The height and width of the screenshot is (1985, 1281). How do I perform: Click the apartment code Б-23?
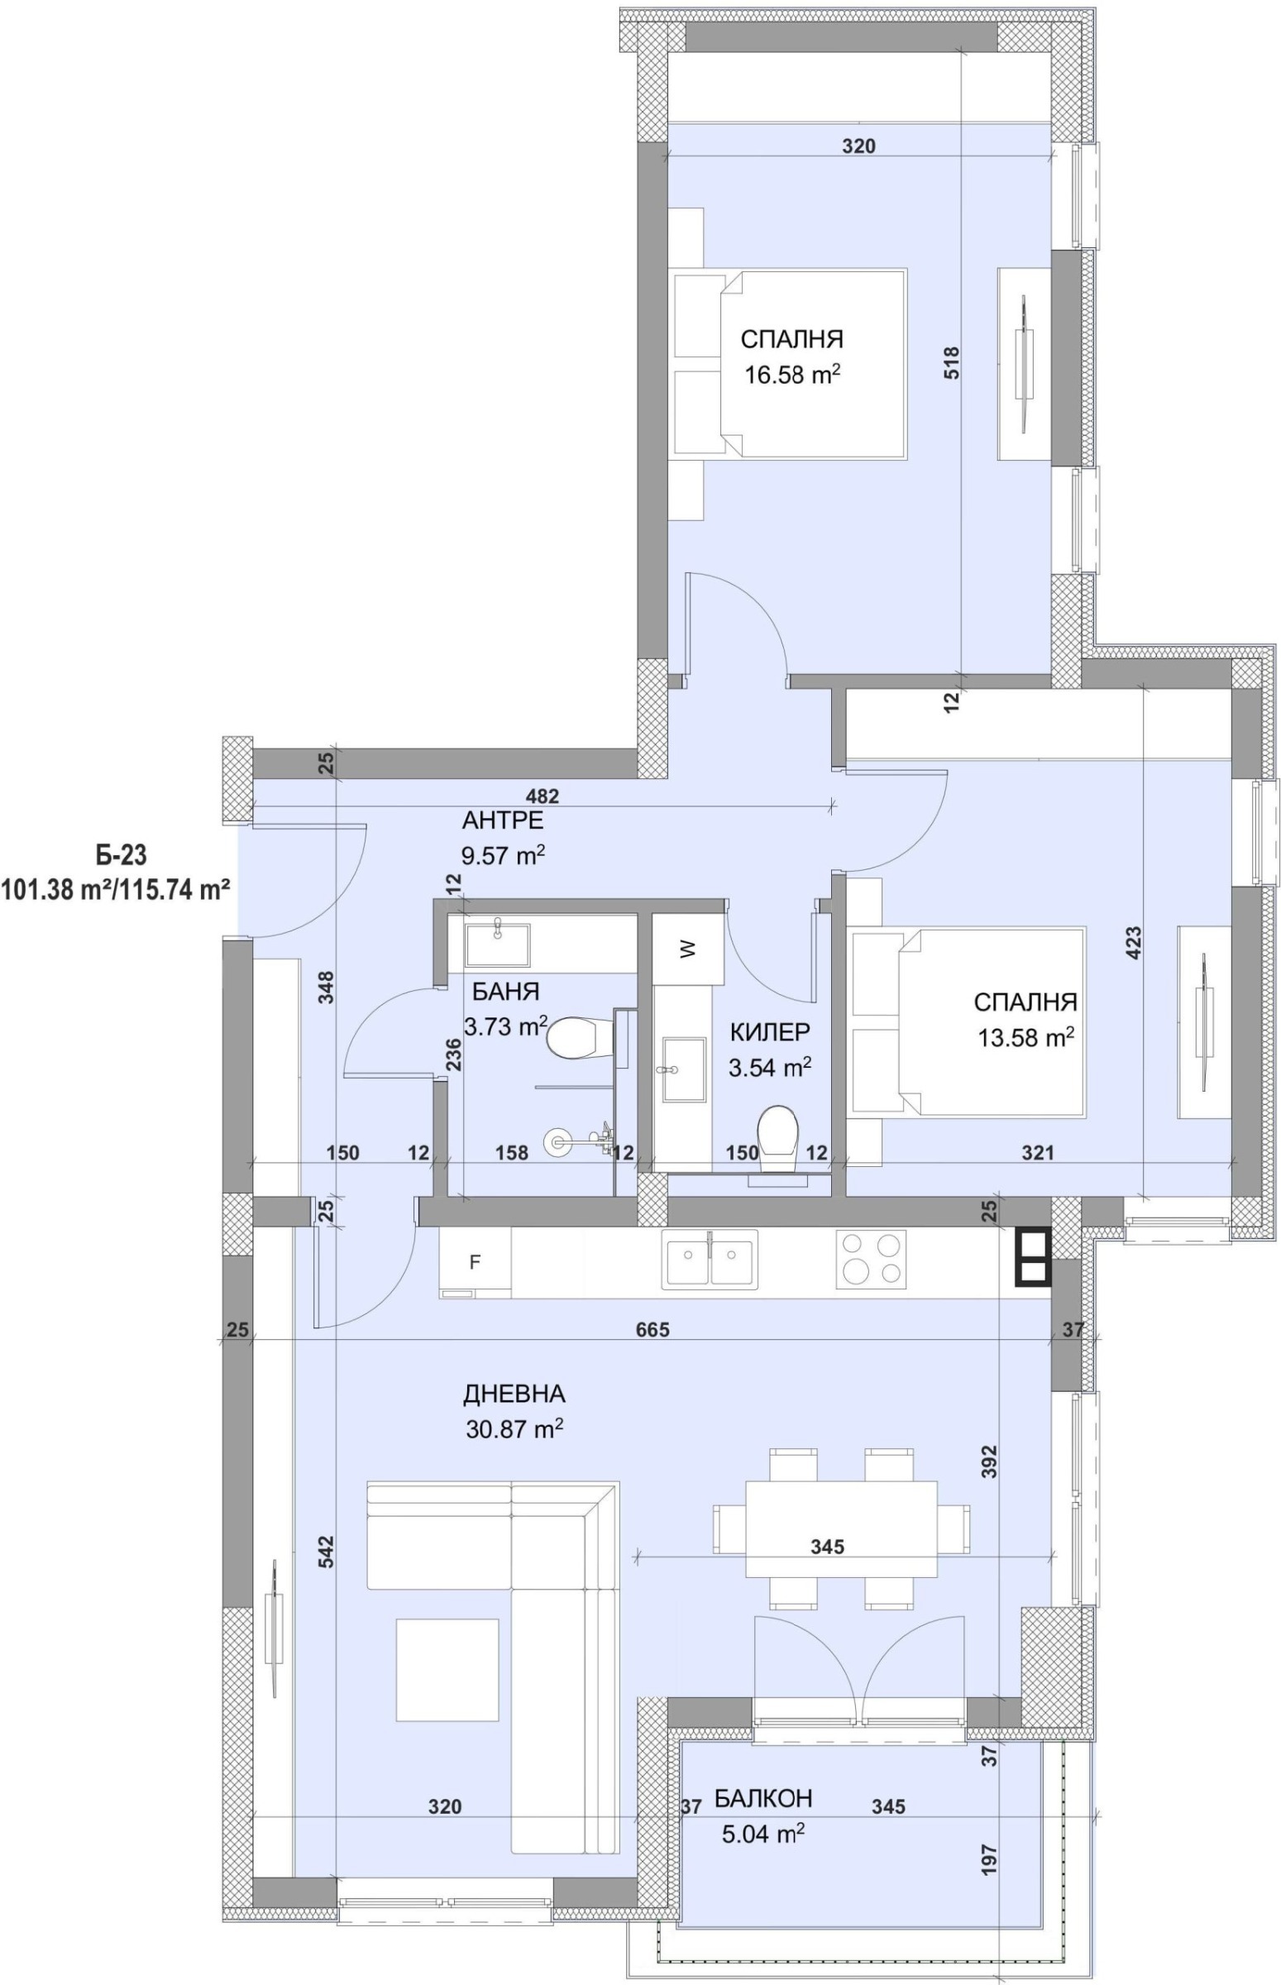120,854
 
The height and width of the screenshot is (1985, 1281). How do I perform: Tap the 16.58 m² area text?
791,375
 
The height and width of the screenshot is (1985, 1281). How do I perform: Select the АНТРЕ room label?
503,821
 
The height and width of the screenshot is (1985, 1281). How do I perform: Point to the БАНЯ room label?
506,992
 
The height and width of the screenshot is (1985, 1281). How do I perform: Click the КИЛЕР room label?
769,1032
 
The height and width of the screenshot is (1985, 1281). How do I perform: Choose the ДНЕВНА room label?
514,1394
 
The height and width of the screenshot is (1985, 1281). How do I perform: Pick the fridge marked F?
475,1263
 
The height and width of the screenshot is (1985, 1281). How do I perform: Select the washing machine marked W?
687,949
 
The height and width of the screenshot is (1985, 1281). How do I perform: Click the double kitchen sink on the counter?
710,1259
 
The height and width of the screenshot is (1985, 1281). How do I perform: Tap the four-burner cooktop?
870,1259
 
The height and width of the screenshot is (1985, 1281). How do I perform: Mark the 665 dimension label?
652,1329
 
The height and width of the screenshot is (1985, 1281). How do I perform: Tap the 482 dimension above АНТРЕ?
543,796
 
